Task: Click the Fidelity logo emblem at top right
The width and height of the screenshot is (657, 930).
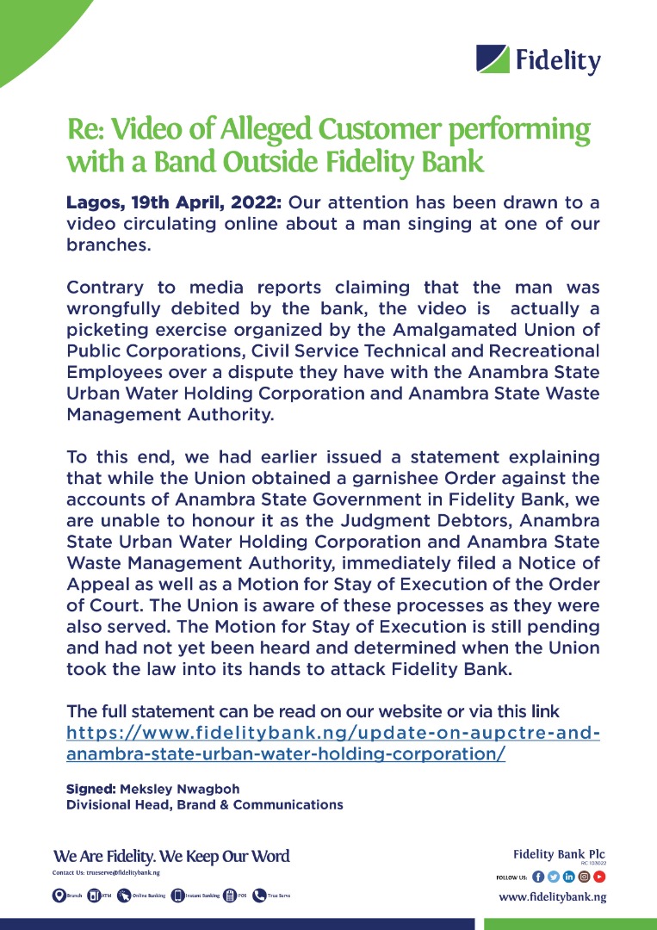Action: click(x=493, y=59)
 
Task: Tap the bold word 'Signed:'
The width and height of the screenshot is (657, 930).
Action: click(x=90, y=789)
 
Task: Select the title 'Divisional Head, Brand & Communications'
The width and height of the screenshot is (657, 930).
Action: click(x=205, y=805)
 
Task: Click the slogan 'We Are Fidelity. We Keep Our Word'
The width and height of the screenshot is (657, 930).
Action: click(x=171, y=856)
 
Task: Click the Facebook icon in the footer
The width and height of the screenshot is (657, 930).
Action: click(x=538, y=877)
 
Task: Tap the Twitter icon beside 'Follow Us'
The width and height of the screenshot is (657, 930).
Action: click(x=554, y=877)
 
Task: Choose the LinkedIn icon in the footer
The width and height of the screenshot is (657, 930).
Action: click(x=568, y=877)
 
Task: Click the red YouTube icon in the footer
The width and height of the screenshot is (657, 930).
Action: click(x=599, y=877)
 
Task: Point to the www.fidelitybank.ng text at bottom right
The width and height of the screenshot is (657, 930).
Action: click(x=552, y=897)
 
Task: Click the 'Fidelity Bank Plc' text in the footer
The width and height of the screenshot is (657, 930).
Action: click(x=559, y=854)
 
